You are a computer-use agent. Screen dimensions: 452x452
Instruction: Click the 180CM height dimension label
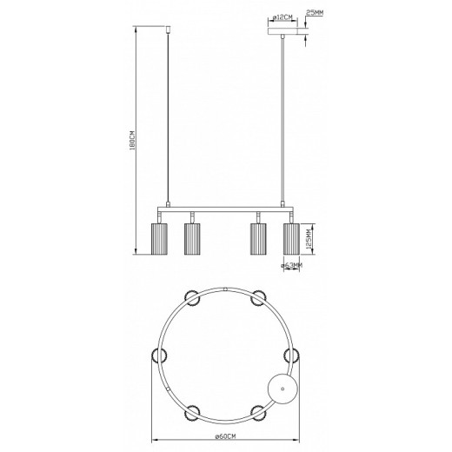tap(131, 142)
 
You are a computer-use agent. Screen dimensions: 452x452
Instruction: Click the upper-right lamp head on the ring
tap(258, 299)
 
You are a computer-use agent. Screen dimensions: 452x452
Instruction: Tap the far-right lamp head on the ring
tap(292, 354)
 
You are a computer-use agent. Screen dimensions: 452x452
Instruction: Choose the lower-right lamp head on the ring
tap(257, 409)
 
